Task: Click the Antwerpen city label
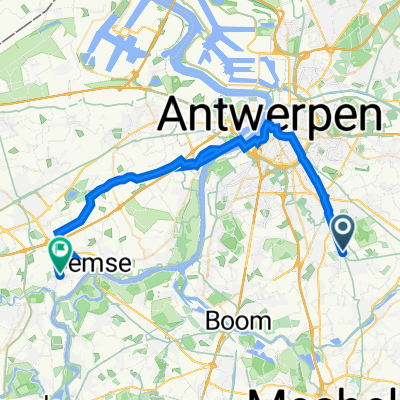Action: pyautogui.click(x=271, y=117)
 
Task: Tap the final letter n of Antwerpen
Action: pyautogui.click(x=370, y=118)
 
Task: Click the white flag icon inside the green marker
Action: pyautogui.click(x=60, y=246)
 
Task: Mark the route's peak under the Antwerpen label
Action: pyautogui.click(x=270, y=126)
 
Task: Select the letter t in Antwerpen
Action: pyautogui.click(x=225, y=117)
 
